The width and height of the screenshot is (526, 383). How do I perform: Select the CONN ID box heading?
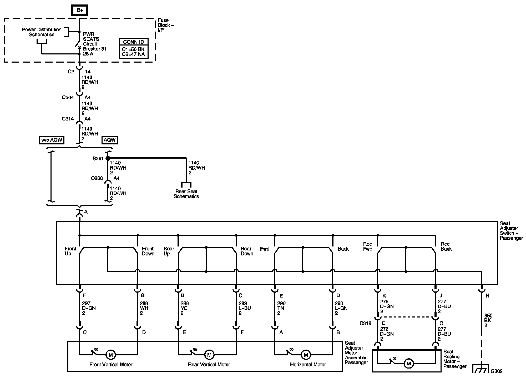coord(133,42)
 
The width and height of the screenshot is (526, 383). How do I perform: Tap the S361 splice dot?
coord(108,158)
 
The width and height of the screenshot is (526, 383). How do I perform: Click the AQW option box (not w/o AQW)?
coord(109,140)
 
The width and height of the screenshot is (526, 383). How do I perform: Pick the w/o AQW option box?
coord(52,140)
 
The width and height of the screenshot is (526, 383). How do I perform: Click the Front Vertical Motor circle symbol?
coord(110,355)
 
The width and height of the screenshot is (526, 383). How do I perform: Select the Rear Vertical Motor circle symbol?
coord(209,355)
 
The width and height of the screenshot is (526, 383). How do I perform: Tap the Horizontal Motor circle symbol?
coord(306,355)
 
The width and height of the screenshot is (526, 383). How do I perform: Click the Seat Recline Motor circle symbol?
coord(408,364)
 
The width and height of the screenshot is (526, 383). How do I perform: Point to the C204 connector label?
coord(68,98)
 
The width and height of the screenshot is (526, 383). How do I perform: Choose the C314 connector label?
coord(68,119)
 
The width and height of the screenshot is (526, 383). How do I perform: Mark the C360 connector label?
coord(97,178)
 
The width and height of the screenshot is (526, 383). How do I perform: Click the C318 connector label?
coord(365,323)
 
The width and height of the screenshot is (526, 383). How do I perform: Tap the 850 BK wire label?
coord(488,320)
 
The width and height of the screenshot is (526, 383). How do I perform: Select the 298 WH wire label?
coord(144,308)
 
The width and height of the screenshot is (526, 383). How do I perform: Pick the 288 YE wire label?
coord(185,308)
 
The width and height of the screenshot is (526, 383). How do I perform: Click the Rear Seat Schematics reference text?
coord(186,194)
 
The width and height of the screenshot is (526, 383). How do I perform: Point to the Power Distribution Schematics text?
coord(42,32)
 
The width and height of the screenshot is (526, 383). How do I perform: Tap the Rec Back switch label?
coord(446,246)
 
